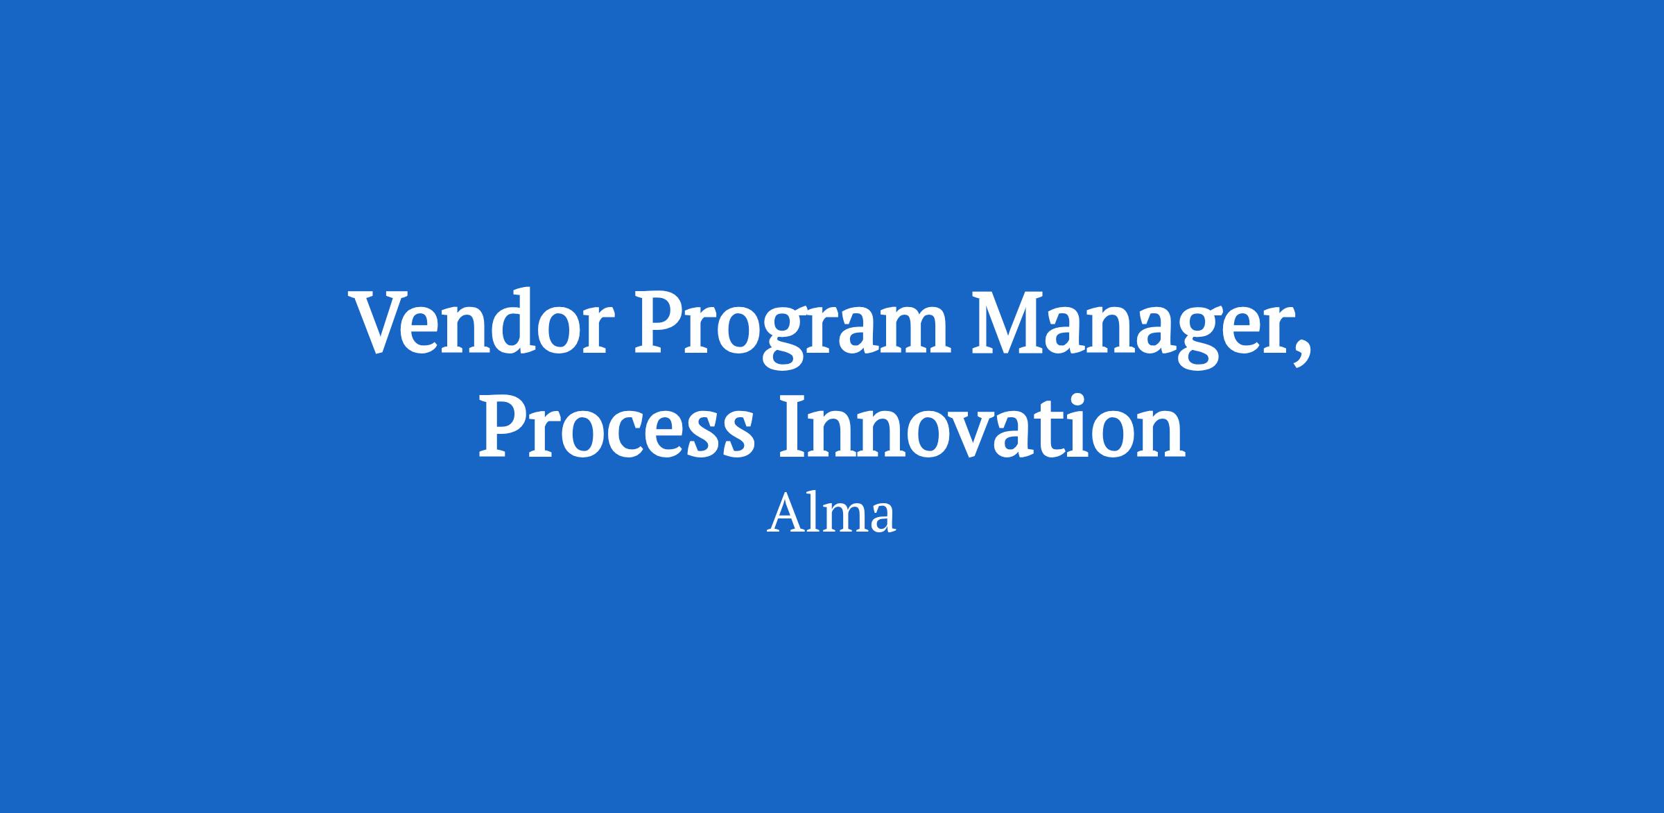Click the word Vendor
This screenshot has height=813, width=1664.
click(x=485, y=323)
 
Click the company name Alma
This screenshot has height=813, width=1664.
click(x=831, y=514)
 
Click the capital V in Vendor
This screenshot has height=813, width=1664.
click(x=386, y=324)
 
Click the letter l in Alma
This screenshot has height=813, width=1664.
click(x=817, y=513)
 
